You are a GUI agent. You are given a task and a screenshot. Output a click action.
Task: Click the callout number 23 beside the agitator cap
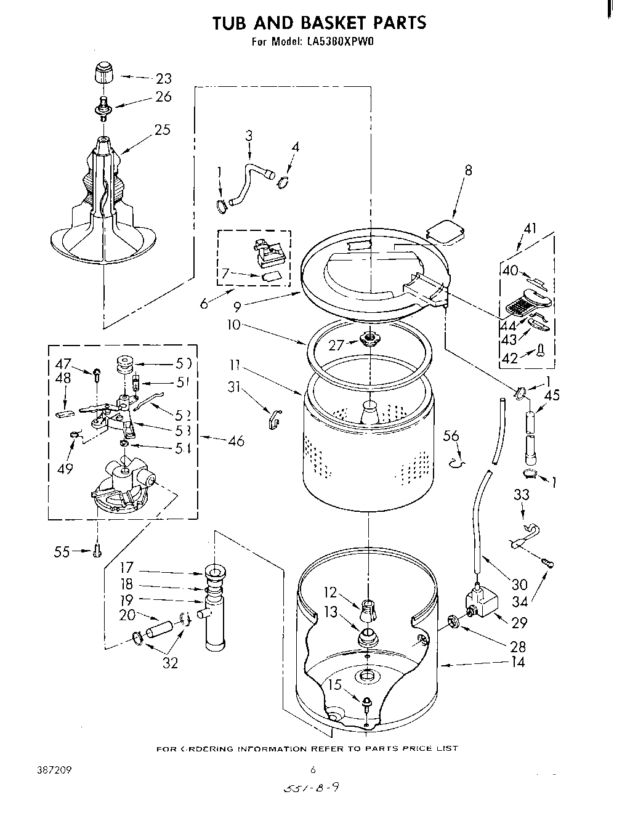[163, 78]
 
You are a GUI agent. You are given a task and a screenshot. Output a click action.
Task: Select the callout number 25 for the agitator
[163, 130]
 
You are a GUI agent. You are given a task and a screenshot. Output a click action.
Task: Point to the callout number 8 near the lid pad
[469, 171]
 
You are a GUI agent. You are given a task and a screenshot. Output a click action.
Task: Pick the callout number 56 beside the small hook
[451, 436]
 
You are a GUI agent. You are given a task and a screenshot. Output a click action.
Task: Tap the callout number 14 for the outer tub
[519, 663]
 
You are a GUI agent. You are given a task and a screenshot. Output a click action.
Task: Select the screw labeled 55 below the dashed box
[96, 552]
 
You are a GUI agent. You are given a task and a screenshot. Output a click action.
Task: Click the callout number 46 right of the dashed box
[235, 440]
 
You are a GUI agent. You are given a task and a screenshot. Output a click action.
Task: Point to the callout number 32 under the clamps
[170, 663]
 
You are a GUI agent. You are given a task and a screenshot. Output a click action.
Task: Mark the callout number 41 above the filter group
[530, 229]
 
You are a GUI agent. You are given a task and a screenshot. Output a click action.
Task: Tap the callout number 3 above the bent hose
[249, 136]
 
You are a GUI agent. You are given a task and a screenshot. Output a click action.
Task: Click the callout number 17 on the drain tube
[126, 568]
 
